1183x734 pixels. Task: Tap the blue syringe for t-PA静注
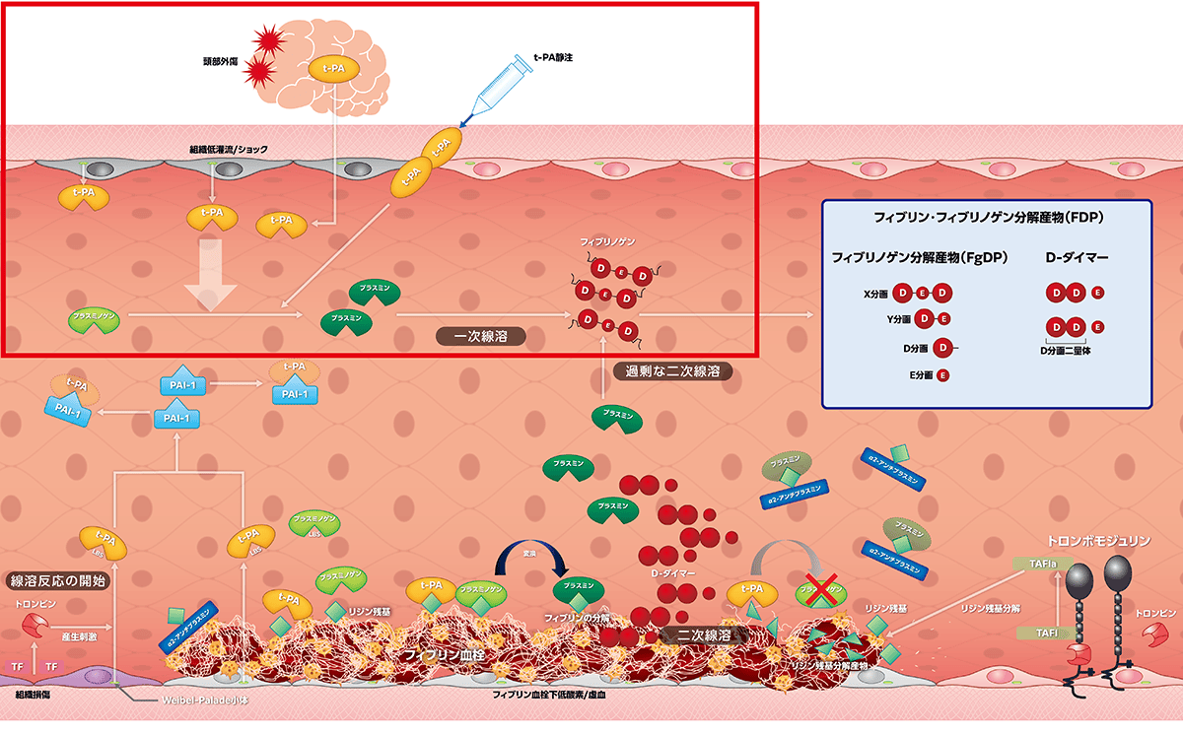(x=503, y=87)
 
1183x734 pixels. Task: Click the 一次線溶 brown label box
(x=480, y=336)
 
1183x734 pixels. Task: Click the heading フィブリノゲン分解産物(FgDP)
(x=917, y=258)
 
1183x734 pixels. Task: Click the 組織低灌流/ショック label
(x=228, y=149)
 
